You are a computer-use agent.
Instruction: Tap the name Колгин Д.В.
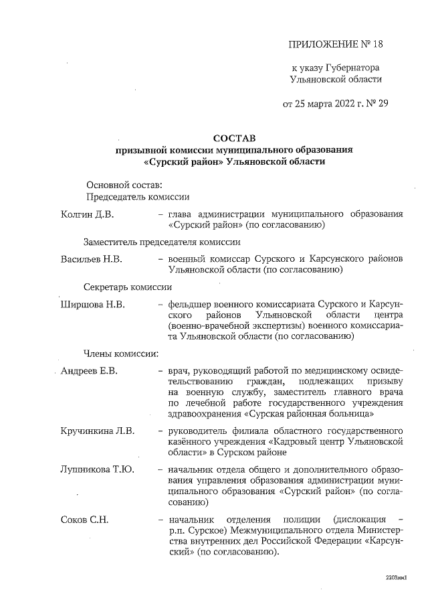(87, 214)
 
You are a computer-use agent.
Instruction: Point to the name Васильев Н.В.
(92, 258)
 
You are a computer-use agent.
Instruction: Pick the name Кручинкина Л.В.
(97, 429)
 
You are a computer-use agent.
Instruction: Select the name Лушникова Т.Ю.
(97, 469)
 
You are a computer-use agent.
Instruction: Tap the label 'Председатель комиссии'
(137, 197)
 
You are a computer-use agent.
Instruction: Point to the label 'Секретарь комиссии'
(128, 287)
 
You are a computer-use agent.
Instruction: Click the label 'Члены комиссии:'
(120, 353)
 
